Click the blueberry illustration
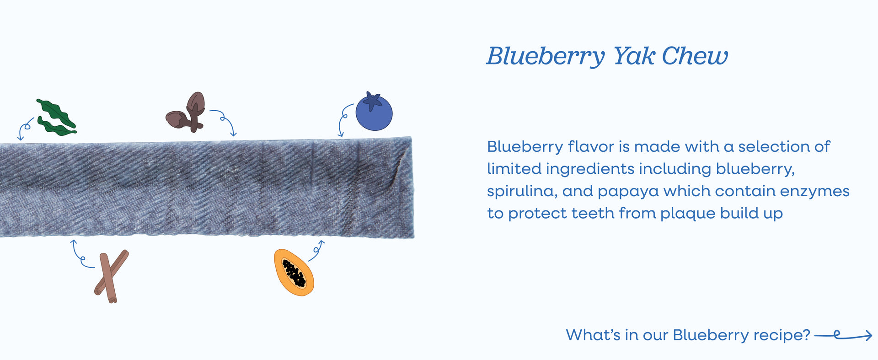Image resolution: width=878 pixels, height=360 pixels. (374, 112)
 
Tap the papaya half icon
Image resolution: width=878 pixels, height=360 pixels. (294, 272)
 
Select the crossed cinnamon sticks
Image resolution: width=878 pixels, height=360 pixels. (111, 276)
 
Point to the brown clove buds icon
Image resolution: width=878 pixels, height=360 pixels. (186, 113)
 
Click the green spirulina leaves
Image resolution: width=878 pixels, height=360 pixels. (56, 118)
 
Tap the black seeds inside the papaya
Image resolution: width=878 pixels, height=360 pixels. (294, 273)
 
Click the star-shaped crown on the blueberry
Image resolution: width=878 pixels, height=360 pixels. (373, 101)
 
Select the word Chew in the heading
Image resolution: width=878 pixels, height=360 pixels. (695, 56)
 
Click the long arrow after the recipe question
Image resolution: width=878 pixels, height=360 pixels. (843, 336)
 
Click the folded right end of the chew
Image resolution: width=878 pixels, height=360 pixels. (405, 187)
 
